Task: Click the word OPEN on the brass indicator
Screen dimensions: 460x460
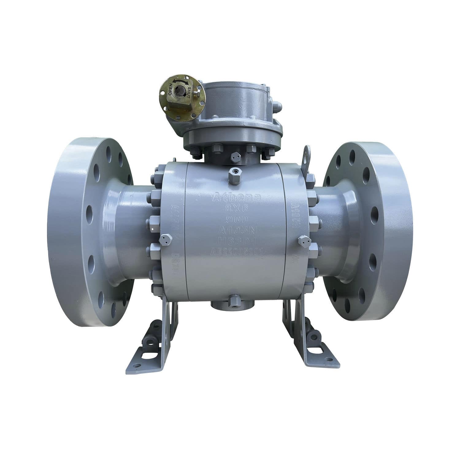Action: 169,89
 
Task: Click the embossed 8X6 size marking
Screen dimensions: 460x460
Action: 236,209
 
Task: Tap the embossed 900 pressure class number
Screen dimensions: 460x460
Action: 236,220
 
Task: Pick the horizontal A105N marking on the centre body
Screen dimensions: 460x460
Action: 237,230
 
